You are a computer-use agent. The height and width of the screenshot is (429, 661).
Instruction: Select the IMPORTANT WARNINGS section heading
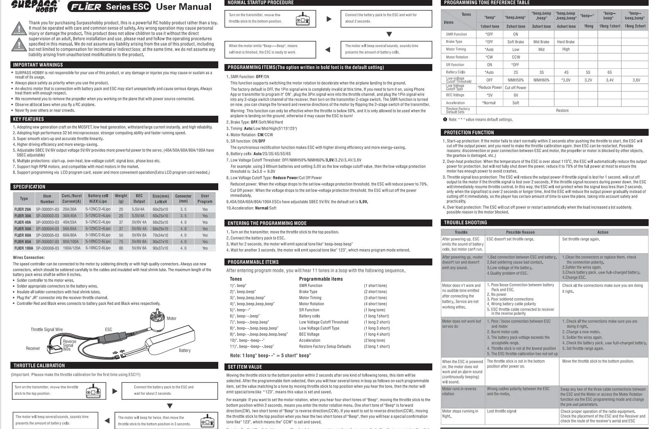click(38, 65)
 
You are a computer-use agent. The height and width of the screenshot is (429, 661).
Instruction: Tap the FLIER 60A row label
click(23, 235)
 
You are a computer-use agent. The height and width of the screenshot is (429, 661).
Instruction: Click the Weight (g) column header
click(121, 198)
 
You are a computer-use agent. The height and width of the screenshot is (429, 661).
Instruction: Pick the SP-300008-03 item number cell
click(47, 248)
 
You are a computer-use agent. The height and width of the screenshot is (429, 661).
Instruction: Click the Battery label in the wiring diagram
click(184, 350)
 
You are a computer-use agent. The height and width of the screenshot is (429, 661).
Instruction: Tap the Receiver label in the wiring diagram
click(33, 348)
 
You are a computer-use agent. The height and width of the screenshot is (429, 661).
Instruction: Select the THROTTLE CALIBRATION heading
click(39, 365)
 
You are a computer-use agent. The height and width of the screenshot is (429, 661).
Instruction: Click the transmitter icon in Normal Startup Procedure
click(303, 19)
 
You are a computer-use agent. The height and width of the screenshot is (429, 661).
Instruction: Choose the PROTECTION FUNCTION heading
click(469, 132)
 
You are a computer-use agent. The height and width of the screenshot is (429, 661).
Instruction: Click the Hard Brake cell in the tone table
click(565, 42)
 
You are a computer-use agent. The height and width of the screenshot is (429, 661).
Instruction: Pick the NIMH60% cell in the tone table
click(541, 80)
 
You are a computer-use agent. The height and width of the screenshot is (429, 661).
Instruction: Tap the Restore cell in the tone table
click(562, 111)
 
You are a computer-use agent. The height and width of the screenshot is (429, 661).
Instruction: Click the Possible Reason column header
click(520, 232)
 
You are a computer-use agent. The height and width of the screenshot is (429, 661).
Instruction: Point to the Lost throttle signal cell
click(501, 411)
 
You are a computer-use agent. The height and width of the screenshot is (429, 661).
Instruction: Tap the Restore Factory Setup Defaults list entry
click(325, 346)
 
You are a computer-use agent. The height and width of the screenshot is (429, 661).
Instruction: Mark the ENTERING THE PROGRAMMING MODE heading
click(267, 223)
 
